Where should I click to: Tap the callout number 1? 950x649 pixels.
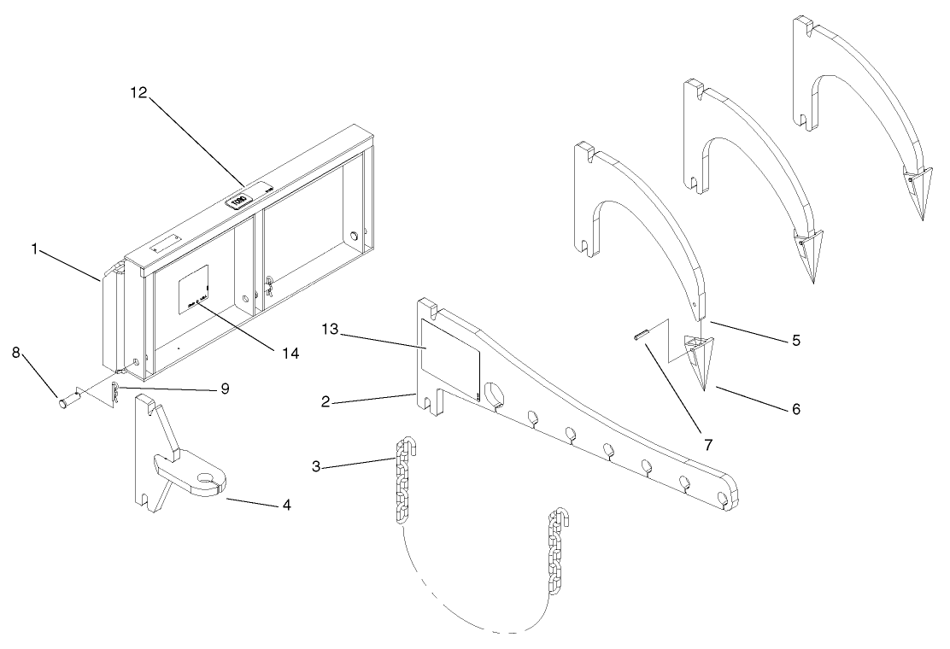35,249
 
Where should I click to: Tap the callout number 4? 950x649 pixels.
287,506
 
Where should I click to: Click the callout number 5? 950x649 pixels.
795,340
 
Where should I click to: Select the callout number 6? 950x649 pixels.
795,409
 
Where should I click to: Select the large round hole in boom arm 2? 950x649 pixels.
495,393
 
